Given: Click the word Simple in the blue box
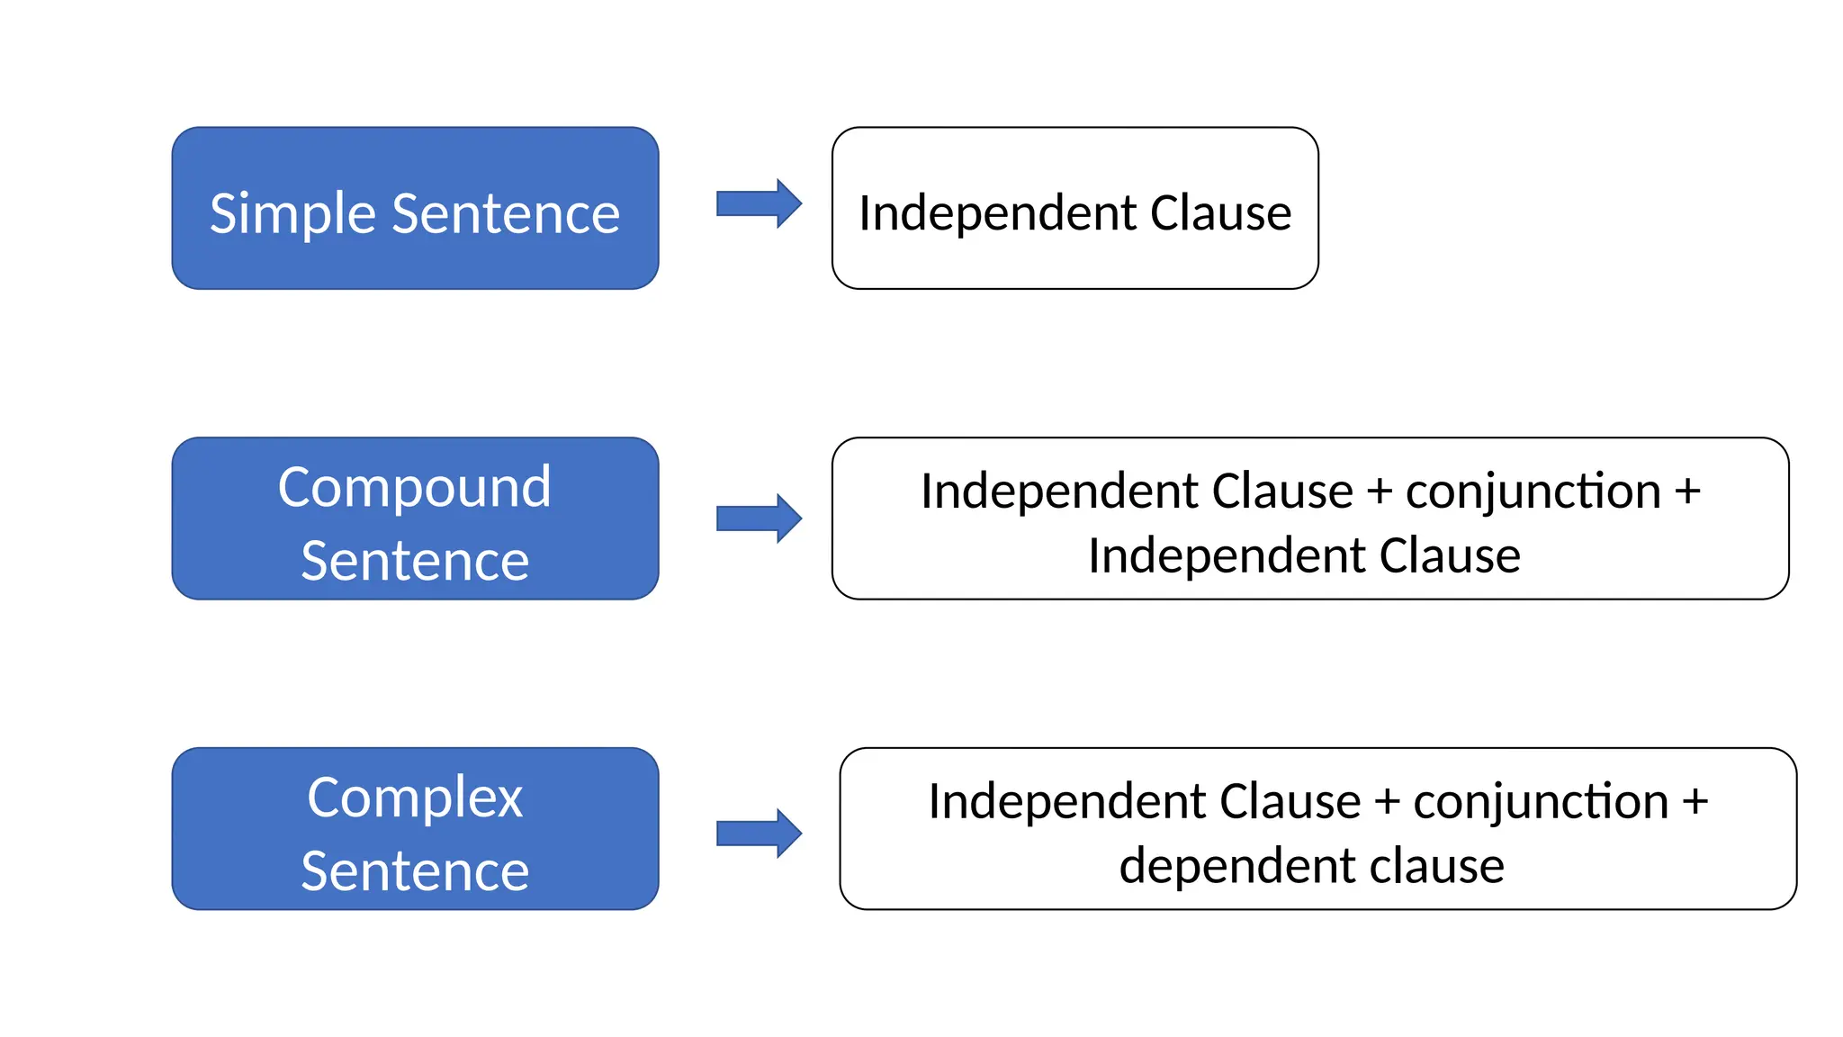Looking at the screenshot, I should tap(292, 214).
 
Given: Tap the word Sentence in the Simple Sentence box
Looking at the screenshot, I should tap(506, 214).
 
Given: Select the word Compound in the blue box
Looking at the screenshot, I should tap(414, 488).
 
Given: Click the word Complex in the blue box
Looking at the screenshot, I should tap(414, 798).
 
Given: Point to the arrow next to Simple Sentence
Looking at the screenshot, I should tap(758, 203).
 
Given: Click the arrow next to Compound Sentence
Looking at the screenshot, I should tap(758, 518).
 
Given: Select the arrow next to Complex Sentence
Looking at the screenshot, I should tap(758, 834).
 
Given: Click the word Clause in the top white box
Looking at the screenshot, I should tap(1220, 213).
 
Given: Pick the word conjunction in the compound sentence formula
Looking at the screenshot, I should tap(1533, 492).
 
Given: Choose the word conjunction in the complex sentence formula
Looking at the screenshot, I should tap(1541, 802).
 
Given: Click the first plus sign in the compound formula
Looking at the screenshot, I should tap(1379, 492).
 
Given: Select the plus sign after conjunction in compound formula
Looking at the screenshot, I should tap(1687, 492).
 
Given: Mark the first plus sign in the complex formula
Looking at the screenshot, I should tap(1387, 802).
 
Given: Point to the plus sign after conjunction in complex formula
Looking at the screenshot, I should tap(1695, 802).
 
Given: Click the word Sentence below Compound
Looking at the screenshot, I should tap(414, 561).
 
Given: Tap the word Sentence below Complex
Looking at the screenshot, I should tap(414, 871).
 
